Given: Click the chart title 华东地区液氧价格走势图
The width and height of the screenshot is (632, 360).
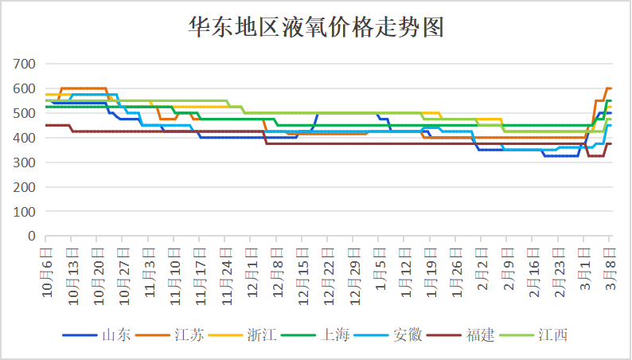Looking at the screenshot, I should coord(315,28).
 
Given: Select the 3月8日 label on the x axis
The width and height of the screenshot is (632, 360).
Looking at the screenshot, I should coord(610,272).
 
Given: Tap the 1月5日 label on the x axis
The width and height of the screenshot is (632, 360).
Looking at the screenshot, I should coord(380,272).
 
